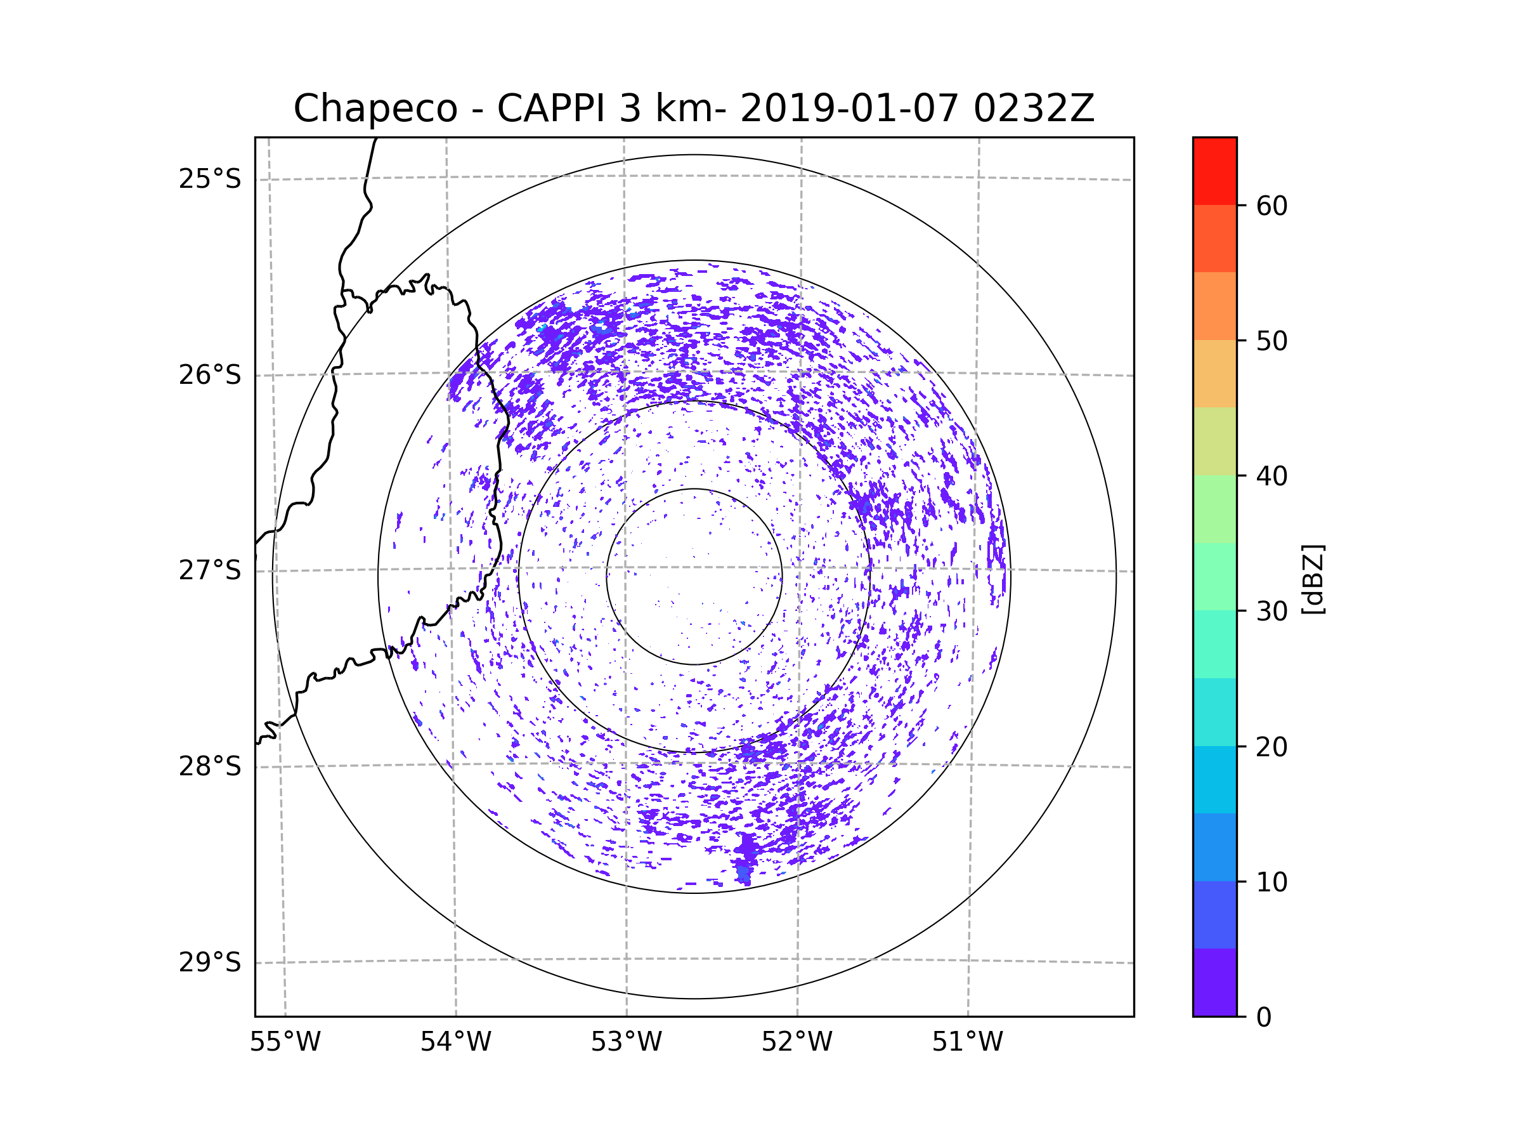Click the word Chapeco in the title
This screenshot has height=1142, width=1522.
375,108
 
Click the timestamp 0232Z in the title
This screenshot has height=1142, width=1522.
1033,108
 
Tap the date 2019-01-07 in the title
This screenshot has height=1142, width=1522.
849,108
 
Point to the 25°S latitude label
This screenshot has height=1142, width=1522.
210,179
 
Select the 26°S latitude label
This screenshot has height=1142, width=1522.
210,375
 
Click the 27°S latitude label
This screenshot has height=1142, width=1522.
210,570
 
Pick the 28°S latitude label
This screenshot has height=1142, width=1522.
210,766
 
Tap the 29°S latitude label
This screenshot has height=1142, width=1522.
210,962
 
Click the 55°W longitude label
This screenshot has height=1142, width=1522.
285,1042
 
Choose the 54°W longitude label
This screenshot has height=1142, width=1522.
455,1042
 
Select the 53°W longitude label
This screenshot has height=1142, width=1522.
626,1042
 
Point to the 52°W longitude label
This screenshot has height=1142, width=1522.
797,1042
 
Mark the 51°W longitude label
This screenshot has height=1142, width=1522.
967,1042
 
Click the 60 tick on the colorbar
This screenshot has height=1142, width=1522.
1272,206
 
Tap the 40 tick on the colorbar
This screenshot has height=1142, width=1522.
1272,476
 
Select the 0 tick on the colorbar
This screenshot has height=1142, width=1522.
1264,1018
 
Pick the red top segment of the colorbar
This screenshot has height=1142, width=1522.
1214,171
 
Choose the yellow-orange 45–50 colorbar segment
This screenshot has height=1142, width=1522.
1214,374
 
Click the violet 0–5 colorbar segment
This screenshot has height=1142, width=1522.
1214,982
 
